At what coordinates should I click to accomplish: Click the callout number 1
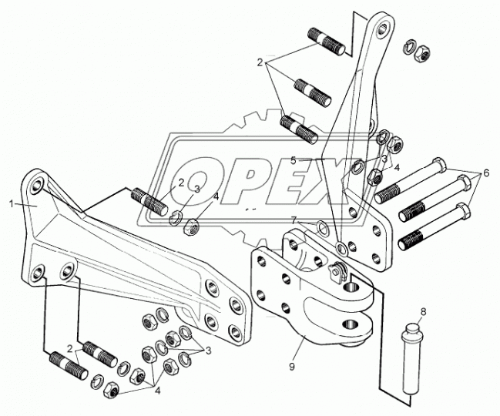click(x=12, y=204)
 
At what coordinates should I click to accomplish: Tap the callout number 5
click(x=293, y=161)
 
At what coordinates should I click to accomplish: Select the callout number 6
click(x=486, y=173)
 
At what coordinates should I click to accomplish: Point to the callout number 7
click(x=294, y=220)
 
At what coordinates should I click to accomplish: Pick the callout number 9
click(x=291, y=367)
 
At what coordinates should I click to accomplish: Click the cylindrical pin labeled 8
click(x=410, y=359)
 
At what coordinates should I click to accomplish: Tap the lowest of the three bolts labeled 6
click(x=434, y=226)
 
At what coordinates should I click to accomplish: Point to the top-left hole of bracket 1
click(x=38, y=186)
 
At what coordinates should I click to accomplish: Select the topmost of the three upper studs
click(x=327, y=42)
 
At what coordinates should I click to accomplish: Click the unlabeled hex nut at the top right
click(x=423, y=50)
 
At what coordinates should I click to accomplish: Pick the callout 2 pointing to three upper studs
click(x=260, y=63)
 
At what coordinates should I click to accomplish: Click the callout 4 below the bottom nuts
click(x=157, y=391)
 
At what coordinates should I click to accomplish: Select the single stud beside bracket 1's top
click(x=149, y=202)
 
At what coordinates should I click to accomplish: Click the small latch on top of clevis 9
click(x=337, y=273)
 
